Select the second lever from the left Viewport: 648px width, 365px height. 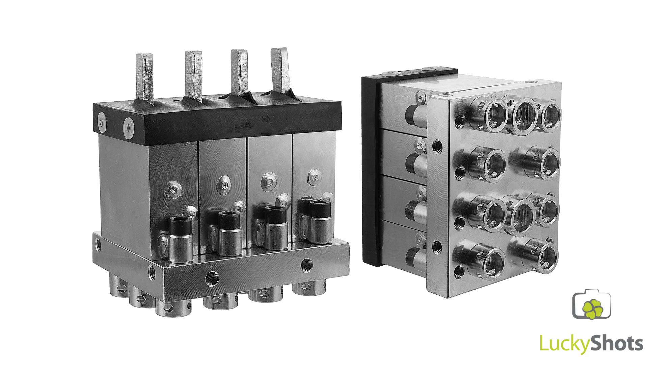click(194, 76)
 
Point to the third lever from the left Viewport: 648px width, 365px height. click(239, 72)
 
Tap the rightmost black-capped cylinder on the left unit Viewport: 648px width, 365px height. click(321, 221)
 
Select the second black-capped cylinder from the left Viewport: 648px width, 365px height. click(230, 233)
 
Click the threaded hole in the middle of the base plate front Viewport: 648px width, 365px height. click(212, 278)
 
